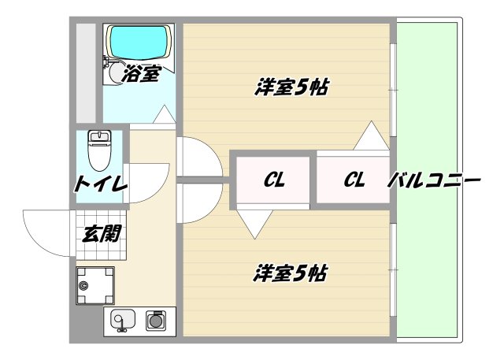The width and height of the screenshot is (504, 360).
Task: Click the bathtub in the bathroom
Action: [138, 41]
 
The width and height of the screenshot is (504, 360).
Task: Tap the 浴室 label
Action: [143, 75]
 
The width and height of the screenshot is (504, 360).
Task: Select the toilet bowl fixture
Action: [100, 150]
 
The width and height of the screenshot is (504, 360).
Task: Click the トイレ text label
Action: [101, 186]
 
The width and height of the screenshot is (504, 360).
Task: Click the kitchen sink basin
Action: [121, 321]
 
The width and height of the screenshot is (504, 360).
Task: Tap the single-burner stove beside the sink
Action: [156, 321]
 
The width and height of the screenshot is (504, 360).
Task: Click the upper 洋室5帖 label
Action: [291, 87]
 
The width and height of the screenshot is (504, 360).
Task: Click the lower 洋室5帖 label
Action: [291, 274]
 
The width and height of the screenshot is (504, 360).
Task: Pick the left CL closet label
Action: [273, 180]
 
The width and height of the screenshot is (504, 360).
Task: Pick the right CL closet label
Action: [354, 180]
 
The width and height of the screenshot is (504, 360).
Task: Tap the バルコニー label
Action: [433, 181]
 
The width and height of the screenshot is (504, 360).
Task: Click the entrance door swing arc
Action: [47, 232]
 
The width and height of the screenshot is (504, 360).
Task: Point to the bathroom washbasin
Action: [115, 74]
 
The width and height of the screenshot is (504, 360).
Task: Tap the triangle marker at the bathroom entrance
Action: [164, 116]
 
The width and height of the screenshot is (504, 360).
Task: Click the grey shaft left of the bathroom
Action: [86, 71]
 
